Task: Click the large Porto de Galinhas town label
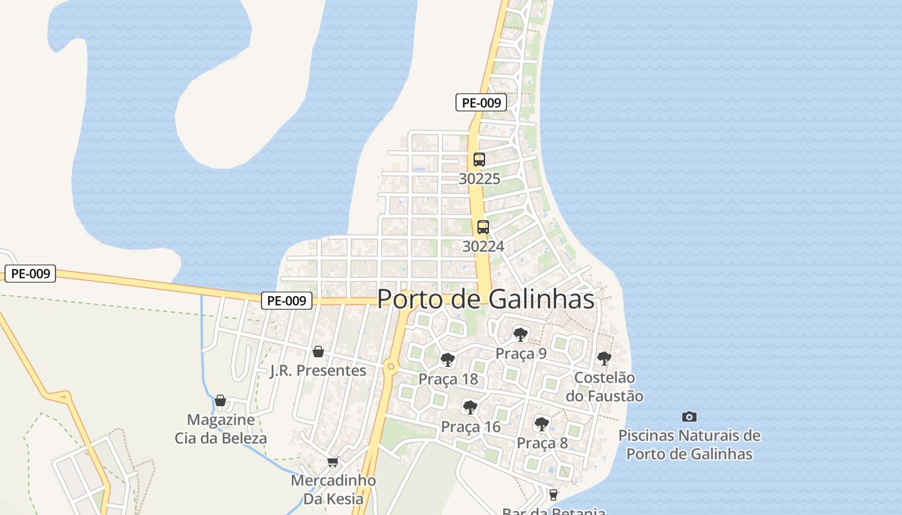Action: tap(485, 299)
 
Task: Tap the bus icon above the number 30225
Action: tap(479, 160)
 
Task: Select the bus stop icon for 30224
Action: tap(483, 227)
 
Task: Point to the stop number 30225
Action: tap(479, 179)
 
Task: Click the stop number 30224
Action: tap(483, 247)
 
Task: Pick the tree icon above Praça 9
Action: tap(521, 334)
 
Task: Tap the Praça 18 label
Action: tap(448, 379)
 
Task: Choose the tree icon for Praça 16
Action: tap(470, 407)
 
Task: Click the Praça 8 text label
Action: tap(542, 443)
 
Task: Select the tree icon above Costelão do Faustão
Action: tap(604, 359)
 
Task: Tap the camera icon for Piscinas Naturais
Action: tap(689, 417)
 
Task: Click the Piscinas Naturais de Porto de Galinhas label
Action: tap(689, 445)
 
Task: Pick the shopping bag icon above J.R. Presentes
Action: tap(318, 351)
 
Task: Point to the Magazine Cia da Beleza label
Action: tap(220, 429)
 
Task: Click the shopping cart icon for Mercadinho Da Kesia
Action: tap(332, 462)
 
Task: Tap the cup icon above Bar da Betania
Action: tap(553, 494)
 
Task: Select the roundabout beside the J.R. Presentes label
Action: tap(390, 367)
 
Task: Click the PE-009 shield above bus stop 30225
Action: tap(481, 102)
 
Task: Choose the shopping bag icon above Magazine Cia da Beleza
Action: tap(220, 400)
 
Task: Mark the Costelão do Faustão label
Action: tap(604, 387)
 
